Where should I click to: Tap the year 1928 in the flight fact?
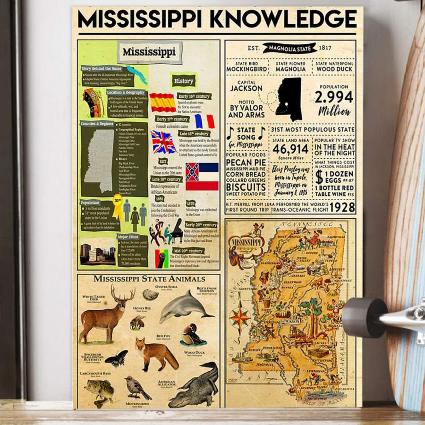click(342, 207)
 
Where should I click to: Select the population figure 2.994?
click(334, 97)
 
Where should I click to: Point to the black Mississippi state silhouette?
click(289, 99)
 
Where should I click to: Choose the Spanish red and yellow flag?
click(162, 102)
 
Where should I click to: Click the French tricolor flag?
click(204, 121)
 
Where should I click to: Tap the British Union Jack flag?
click(163, 142)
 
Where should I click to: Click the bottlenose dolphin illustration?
click(184, 306)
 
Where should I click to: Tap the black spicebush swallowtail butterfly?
click(116, 358)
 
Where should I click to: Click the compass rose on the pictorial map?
click(240, 317)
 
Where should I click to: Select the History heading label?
click(184, 81)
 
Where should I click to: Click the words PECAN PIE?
click(246, 162)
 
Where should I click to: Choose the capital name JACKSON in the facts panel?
click(246, 88)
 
